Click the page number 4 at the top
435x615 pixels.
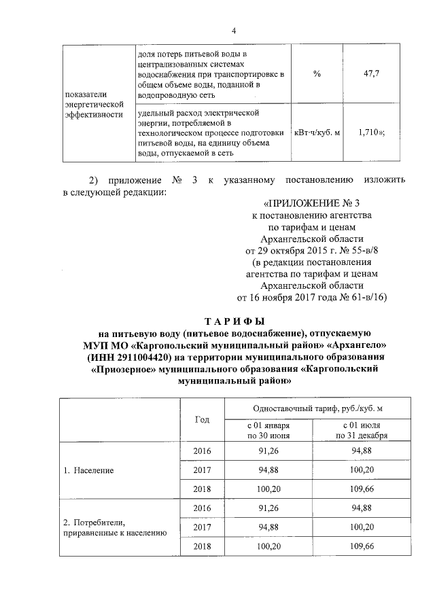point(233,30)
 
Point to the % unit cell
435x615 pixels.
point(317,74)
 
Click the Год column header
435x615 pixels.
point(202,419)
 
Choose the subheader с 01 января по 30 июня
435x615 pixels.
point(269,430)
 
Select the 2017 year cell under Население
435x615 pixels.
point(202,470)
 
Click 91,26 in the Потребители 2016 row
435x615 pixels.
point(269,508)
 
